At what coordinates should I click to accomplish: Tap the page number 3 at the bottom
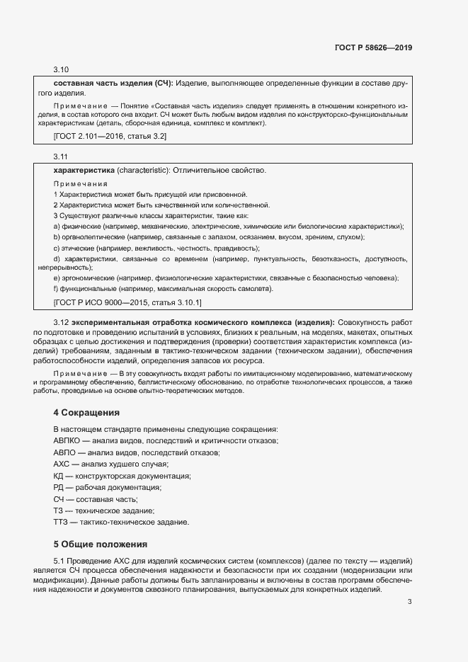(409, 602)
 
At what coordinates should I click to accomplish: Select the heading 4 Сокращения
(86, 412)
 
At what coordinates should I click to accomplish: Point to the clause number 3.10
(61, 69)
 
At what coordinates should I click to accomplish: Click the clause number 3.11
(61, 156)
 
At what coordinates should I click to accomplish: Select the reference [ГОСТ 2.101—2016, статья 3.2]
(110, 136)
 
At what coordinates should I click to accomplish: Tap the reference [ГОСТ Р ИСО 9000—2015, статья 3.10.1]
(127, 302)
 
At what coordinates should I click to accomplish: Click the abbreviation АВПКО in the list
(67, 440)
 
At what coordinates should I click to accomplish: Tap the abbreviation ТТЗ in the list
(60, 522)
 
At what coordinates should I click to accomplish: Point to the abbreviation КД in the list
(59, 475)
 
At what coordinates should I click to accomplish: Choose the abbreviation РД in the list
(59, 487)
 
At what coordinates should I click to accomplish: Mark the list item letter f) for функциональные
(56, 288)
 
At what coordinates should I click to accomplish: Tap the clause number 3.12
(61, 322)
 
